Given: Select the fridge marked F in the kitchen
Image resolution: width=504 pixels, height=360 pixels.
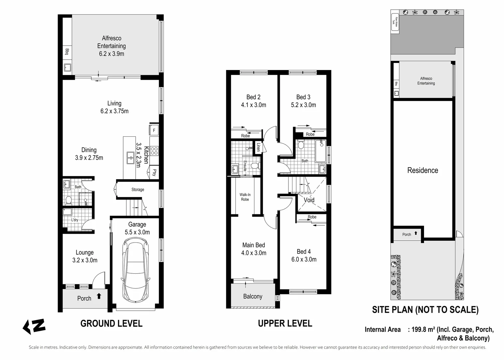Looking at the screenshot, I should [154, 130].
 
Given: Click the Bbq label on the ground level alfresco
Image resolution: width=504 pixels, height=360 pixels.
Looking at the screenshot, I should [67, 52].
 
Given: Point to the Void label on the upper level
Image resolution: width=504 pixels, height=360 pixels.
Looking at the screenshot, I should [309, 200].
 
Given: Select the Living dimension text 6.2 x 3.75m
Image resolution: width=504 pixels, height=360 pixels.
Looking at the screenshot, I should [114, 111].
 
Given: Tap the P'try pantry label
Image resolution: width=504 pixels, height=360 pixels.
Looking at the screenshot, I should [154, 172].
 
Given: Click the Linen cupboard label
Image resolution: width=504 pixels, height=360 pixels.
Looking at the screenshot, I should [258, 147].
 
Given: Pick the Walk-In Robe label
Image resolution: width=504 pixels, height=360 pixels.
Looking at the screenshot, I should [245, 197].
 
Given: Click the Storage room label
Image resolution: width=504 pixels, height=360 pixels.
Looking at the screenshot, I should [138, 190].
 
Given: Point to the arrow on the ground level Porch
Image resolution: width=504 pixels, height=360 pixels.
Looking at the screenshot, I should [99, 296].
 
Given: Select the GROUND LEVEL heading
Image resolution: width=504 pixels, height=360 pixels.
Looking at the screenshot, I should [111, 323].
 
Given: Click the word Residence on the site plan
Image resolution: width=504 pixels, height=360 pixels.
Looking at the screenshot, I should [422, 170].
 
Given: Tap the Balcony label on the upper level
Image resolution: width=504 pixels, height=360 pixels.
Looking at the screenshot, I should [252, 296].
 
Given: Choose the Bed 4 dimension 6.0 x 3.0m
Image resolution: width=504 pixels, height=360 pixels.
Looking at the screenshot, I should [304, 259].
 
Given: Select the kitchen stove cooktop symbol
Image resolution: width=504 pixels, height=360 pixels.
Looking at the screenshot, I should [154, 151].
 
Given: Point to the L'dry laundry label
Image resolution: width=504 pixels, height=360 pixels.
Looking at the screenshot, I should [75, 220].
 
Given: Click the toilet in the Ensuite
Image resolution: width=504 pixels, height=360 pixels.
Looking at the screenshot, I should [255, 166].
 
